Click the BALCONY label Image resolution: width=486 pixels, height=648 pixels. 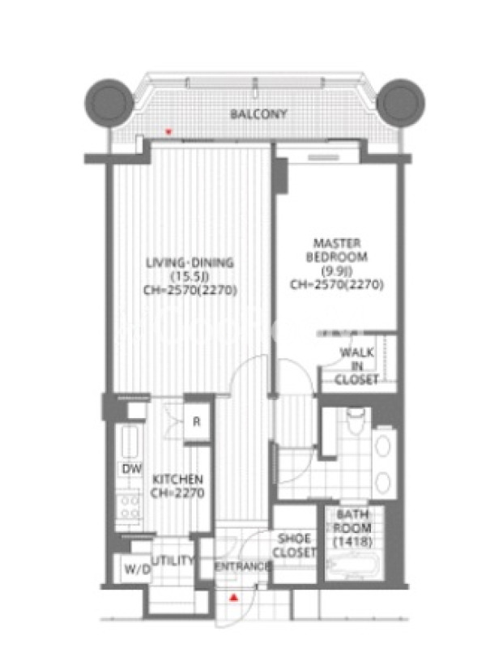pyautogui.click(x=258, y=113)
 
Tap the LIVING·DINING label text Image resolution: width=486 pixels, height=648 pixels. pyautogui.click(x=190, y=262)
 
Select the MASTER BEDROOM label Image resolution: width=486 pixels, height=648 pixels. pyautogui.click(x=336, y=249)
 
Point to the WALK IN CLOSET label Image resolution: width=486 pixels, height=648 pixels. pyautogui.click(x=356, y=366)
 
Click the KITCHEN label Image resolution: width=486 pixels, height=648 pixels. pyautogui.click(x=177, y=480)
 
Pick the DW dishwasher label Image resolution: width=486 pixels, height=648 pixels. pyautogui.click(x=132, y=468)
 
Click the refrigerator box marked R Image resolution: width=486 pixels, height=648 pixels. pyautogui.click(x=197, y=422)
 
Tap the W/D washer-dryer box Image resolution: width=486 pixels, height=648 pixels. pyautogui.click(x=132, y=569)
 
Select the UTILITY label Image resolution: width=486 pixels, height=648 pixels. pyautogui.click(x=173, y=561)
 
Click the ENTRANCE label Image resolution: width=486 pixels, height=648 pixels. pyautogui.click(x=243, y=566)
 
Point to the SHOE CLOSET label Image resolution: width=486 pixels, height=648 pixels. pyautogui.click(x=295, y=545)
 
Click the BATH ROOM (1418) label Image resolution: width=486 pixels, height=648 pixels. pyautogui.click(x=352, y=528)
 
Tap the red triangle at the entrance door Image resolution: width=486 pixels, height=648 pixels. pyautogui.click(x=234, y=597)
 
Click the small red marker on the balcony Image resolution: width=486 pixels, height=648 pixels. pyautogui.click(x=168, y=132)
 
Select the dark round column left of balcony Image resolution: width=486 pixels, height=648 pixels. pyautogui.click(x=109, y=102)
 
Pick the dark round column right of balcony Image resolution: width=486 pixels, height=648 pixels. pyautogui.click(x=401, y=102)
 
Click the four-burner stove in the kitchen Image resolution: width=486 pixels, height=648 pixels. pyautogui.click(x=130, y=506)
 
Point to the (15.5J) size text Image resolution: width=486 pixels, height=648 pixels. pyautogui.click(x=190, y=276)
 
